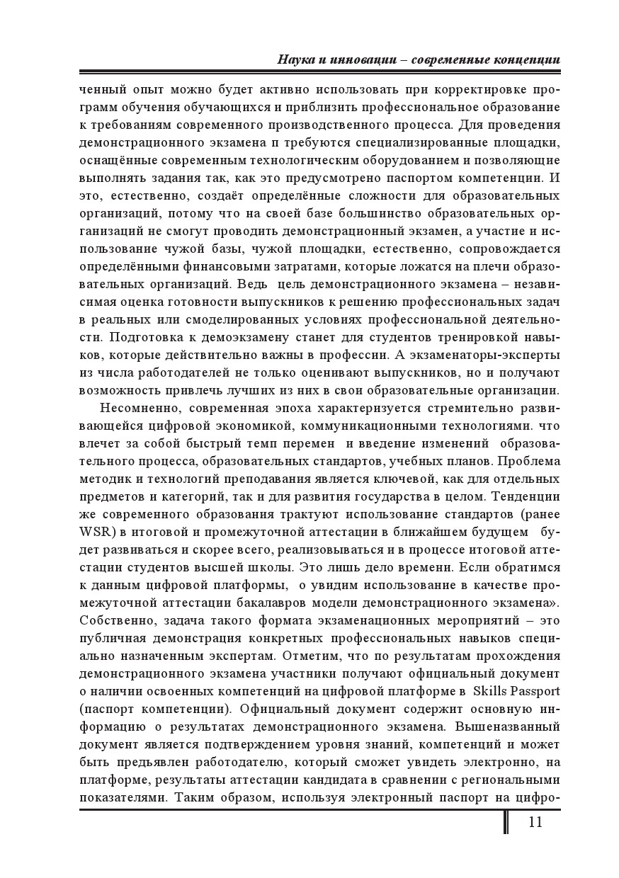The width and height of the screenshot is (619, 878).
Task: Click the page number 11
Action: pos(535,822)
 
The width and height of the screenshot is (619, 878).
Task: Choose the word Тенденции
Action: pos(526,496)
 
